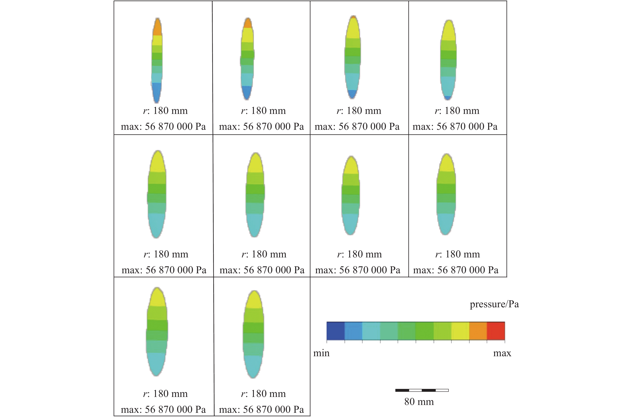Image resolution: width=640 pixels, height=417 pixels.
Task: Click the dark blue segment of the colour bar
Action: tap(336, 331)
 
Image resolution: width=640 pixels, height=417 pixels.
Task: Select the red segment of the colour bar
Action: tap(496, 331)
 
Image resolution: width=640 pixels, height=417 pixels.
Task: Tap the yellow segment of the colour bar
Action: tap(460, 331)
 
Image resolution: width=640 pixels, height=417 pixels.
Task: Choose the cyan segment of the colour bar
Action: tap(371, 331)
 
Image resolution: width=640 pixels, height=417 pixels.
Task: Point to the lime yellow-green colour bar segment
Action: tap(442, 331)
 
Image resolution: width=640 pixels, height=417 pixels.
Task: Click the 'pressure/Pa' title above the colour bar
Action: tap(494, 304)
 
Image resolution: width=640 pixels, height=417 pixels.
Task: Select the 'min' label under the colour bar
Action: tap(321, 353)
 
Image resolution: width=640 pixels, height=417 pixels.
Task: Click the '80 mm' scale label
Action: tap(419, 402)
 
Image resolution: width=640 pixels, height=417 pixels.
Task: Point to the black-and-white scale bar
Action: tap(422, 390)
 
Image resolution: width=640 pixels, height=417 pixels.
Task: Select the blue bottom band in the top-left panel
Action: tap(156, 92)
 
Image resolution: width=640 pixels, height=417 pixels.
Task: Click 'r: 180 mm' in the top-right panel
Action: tap(457, 111)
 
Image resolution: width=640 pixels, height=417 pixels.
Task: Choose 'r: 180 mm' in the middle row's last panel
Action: tap(458, 254)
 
